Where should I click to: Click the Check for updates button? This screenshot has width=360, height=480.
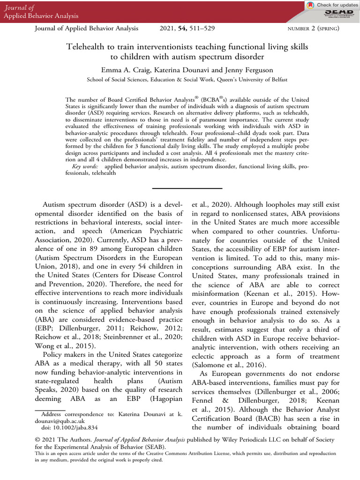(x=331, y=5)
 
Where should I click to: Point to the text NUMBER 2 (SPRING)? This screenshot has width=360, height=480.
(x=312, y=29)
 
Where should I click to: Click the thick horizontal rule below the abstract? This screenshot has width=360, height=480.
(x=180, y=188)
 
